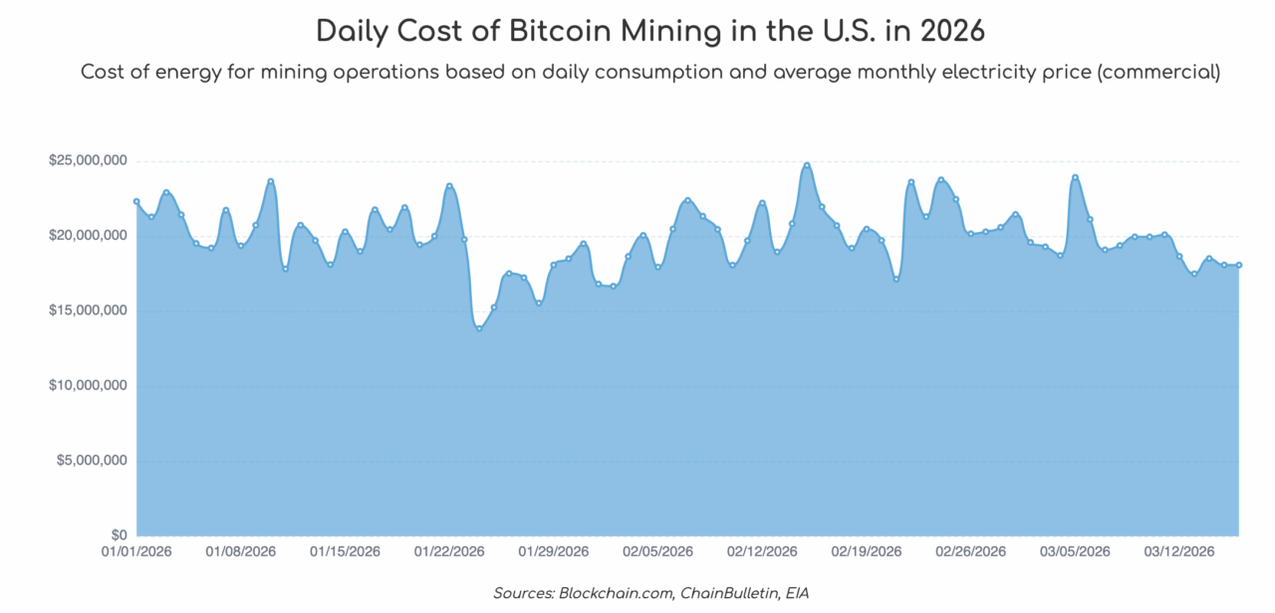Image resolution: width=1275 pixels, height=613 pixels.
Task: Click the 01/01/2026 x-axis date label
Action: coord(136,551)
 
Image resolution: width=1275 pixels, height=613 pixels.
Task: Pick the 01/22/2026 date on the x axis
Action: coord(449,551)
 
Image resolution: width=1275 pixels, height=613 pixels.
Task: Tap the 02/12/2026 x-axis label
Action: coord(762,551)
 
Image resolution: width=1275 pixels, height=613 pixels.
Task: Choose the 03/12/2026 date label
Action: coord(1178,551)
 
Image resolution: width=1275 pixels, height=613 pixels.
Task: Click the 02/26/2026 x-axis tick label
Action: coord(970,551)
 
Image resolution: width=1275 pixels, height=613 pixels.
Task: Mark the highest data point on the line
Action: coord(807,165)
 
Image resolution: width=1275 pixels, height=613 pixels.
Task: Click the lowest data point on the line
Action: coord(479,328)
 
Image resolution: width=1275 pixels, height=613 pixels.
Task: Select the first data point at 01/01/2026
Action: coord(136,201)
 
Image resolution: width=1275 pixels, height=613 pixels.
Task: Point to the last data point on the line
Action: coord(1239,265)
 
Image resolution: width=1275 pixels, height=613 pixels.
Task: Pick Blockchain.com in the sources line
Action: coord(615,594)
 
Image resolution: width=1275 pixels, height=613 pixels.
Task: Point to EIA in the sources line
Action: coord(795,594)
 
